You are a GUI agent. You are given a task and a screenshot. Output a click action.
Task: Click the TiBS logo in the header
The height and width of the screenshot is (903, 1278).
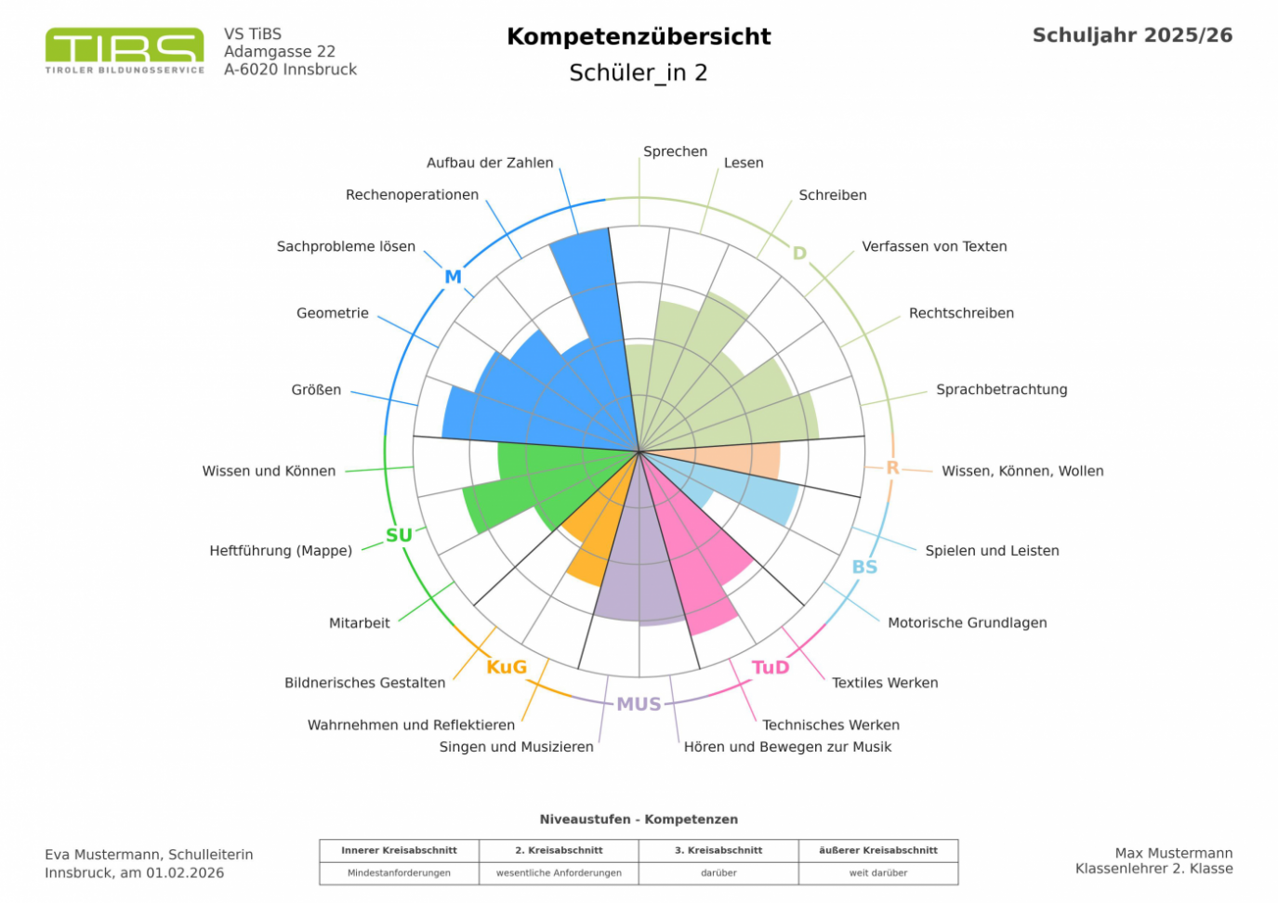pyautogui.click(x=125, y=50)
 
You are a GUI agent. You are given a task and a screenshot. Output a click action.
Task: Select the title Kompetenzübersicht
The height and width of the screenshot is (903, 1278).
pyautogui.click(x=639, y=36)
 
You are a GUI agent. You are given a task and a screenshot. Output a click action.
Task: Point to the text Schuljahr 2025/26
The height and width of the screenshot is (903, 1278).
pyautogui.click(x=1132, y=35)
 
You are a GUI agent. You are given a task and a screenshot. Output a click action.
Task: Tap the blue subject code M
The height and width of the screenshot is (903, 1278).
pyautogui.click(x=453, y=277)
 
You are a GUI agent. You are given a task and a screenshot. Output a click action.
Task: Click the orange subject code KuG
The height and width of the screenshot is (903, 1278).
pyautogui.click(x=507, y=667)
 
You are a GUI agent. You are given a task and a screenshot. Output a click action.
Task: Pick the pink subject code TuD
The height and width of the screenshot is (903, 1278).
pyautogui.click(x=770, y=667)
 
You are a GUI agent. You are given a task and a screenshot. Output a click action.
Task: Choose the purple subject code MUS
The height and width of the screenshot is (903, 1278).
pyautogui.click(x=639, y=704)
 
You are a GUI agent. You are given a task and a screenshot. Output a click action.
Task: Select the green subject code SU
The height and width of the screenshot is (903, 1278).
pyautogui.click(x=399, y=535)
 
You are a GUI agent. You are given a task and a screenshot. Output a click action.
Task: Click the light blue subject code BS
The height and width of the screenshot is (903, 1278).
pyautogui.click(x=864, y=567)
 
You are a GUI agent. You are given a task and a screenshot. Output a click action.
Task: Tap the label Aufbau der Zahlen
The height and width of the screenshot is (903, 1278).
pyautogui.click(x=490, y=163)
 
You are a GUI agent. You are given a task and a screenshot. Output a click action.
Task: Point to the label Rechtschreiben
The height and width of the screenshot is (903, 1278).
pyautogui.click(x=961, y=313)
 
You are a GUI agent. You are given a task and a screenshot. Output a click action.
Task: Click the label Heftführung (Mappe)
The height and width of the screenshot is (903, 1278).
pyautogui.click(x=281, y=551)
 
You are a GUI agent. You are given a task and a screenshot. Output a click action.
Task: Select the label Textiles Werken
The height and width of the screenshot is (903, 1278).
pyautogui.click(x=885, y=683)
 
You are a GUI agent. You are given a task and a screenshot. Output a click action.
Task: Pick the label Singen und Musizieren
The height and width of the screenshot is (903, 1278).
pyautogui.click(x=516, y=747)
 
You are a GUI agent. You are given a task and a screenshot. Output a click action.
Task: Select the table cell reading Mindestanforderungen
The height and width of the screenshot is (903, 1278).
pyautogui.click(x=399, y=873)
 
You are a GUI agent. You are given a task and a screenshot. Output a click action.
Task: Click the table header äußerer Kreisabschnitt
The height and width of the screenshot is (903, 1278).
pyautogui.click(x=877, y=850)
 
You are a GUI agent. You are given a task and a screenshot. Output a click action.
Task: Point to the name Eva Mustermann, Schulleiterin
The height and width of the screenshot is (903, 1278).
pyautogui.click(x=149, y=855)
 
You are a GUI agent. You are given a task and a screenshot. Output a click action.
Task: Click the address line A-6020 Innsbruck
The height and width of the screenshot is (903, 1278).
pyautogui.click(x=290, y=70)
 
